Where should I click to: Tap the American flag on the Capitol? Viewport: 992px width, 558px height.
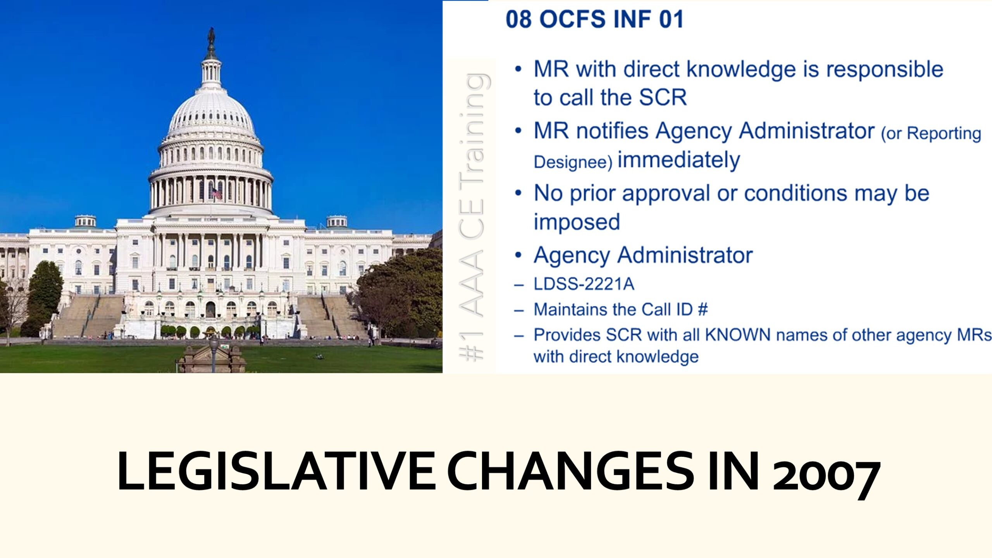(216, 193)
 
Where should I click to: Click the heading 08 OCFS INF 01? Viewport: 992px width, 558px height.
(595, 19)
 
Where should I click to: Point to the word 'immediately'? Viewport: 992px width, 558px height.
(679, 160)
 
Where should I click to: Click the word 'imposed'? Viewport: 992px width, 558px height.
(577, 222)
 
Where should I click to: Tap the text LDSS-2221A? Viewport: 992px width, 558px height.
(584, 284)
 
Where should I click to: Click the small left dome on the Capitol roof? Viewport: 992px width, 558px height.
(85, 221)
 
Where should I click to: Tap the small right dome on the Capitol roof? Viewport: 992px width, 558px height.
(337, 221)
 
